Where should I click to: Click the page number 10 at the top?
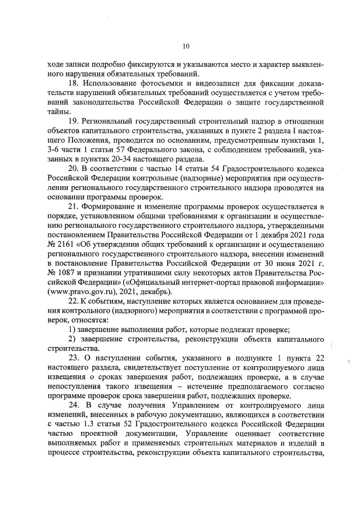[186, 46]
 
